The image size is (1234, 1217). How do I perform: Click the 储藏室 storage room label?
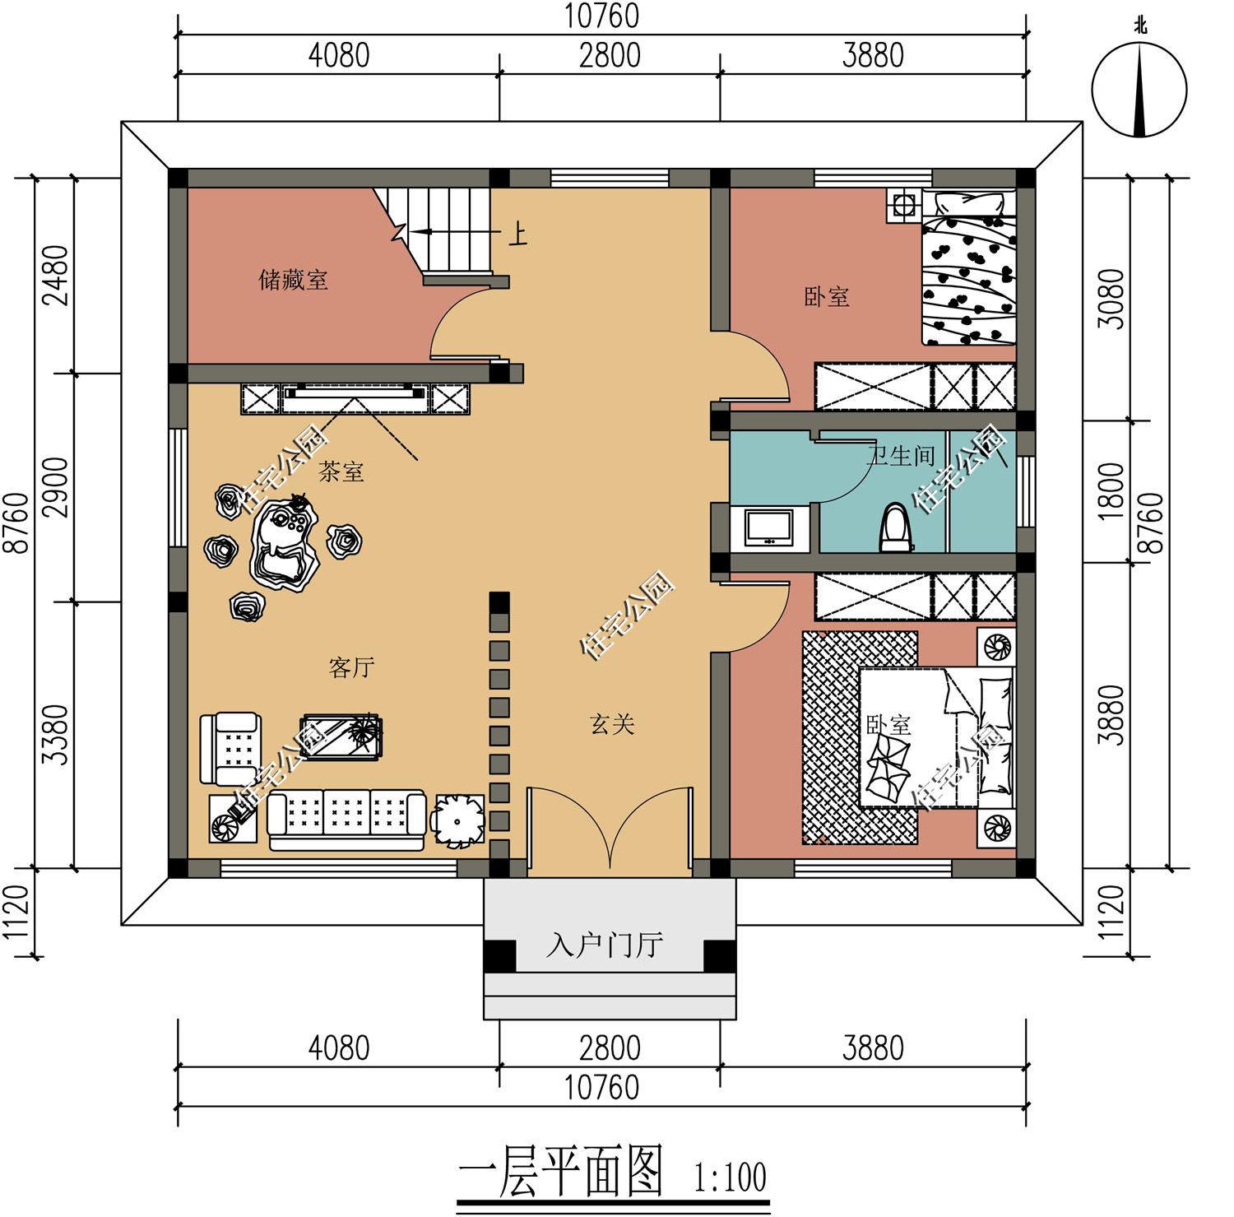(294, 280)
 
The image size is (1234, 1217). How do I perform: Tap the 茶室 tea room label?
(341, 471)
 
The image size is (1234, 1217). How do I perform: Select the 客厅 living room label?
(352, 667)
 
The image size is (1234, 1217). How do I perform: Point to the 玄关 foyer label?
(612, 724)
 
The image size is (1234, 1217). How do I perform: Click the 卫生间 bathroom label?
(902, 455)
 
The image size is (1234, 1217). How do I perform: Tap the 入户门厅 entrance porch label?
(605, 945)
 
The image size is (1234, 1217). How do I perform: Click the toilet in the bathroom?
(896, 527)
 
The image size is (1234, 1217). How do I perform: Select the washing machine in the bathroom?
(769, 527)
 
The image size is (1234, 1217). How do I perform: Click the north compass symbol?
(1139, 89)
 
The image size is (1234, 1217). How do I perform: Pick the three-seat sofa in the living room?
(346, 820)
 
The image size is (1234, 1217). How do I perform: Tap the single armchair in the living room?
(231, 749)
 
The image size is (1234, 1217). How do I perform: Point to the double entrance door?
(609, 827)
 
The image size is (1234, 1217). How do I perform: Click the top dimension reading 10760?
(601, 16)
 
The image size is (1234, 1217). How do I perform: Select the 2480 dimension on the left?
(58, 275)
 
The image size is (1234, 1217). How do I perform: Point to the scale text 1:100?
(730, 1177)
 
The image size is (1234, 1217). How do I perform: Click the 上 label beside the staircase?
(517, 235)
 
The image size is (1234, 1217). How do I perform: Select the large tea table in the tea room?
(283, 543)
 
